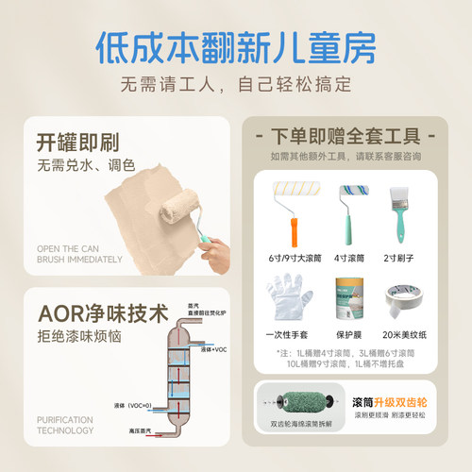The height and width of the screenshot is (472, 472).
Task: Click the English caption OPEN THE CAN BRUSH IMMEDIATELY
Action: tap(79, 253)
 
